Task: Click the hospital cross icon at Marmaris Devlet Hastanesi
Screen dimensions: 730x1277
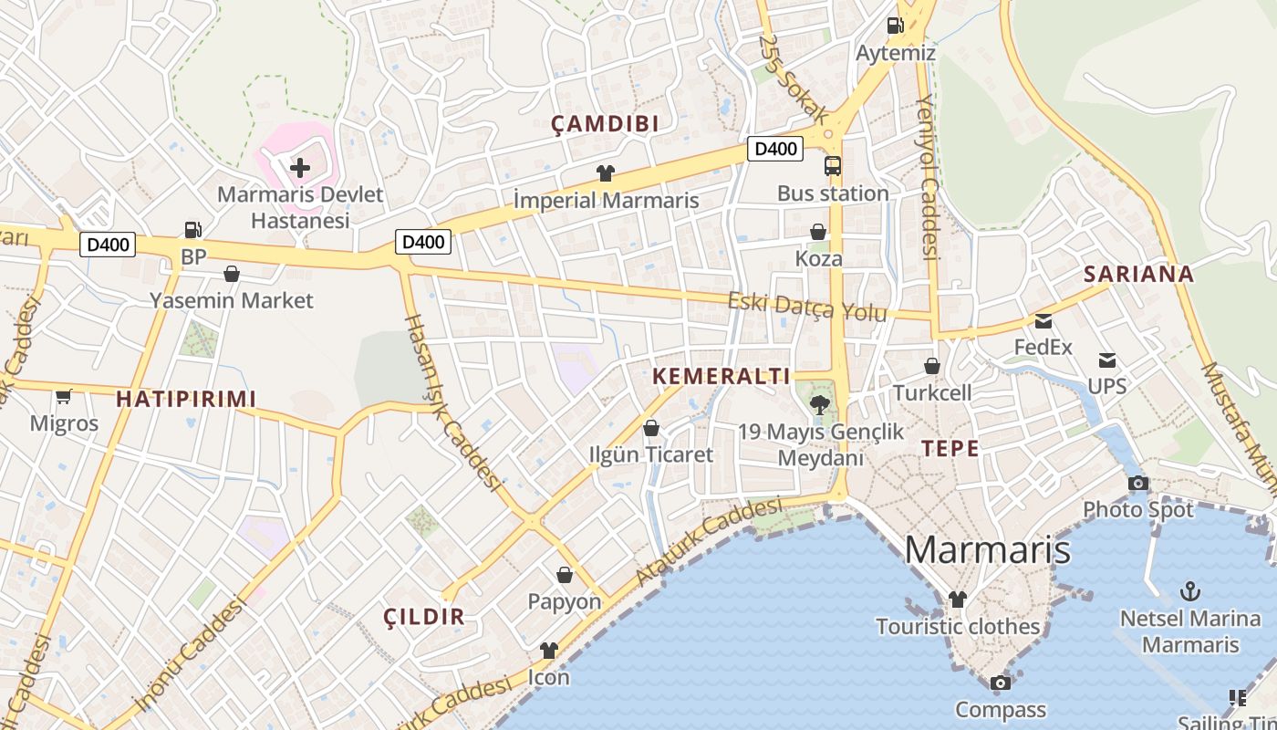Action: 300,168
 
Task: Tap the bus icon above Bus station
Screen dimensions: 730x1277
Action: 833,166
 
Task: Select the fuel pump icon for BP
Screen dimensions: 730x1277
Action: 193,230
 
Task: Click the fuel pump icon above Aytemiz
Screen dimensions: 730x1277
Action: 895,26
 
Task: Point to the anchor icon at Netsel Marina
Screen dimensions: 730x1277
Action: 1189,591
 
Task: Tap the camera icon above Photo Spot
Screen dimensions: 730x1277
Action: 1137,483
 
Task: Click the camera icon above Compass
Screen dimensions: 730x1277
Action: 1001,683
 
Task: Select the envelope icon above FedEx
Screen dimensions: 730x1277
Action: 1043,321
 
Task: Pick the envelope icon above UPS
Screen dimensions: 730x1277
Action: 1107,360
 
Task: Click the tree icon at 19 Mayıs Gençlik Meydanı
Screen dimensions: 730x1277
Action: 819,405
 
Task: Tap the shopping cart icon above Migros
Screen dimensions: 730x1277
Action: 64,396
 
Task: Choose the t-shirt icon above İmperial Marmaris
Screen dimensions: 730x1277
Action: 606,173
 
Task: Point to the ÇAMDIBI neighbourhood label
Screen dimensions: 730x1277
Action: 605,125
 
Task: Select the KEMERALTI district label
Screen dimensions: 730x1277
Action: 722,376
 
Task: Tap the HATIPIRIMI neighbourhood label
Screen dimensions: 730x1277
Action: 186,399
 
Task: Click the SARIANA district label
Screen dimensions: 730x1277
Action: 1138,274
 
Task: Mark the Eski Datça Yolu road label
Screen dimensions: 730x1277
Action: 806,307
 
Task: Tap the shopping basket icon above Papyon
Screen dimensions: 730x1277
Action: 565,575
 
